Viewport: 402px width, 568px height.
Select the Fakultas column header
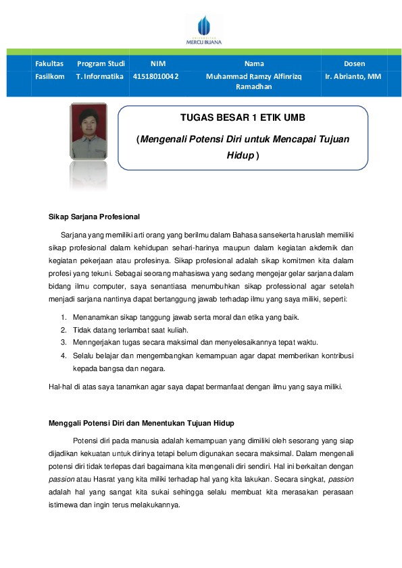coord(49,63)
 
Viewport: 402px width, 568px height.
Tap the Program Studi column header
coord(101,63)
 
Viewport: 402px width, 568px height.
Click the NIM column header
coord(158,63)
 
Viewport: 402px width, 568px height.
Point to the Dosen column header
coord(354,63)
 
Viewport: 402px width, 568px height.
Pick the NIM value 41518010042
coord(156,76)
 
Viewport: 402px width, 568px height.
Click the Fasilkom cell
coord(50,76)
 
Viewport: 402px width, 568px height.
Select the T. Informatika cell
coord(100,76)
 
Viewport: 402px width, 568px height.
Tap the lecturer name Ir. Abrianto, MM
coord(353,76)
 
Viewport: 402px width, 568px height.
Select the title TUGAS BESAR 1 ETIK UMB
coord(243,117)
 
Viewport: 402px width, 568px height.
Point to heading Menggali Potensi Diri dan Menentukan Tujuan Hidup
coord(141,423)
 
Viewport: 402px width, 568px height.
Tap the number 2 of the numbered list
coord(64,330)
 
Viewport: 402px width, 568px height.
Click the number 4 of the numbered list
coord(64,355)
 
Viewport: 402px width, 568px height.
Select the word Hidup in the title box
coord(240,154)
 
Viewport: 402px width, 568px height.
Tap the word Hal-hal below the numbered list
coord(61,387)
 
